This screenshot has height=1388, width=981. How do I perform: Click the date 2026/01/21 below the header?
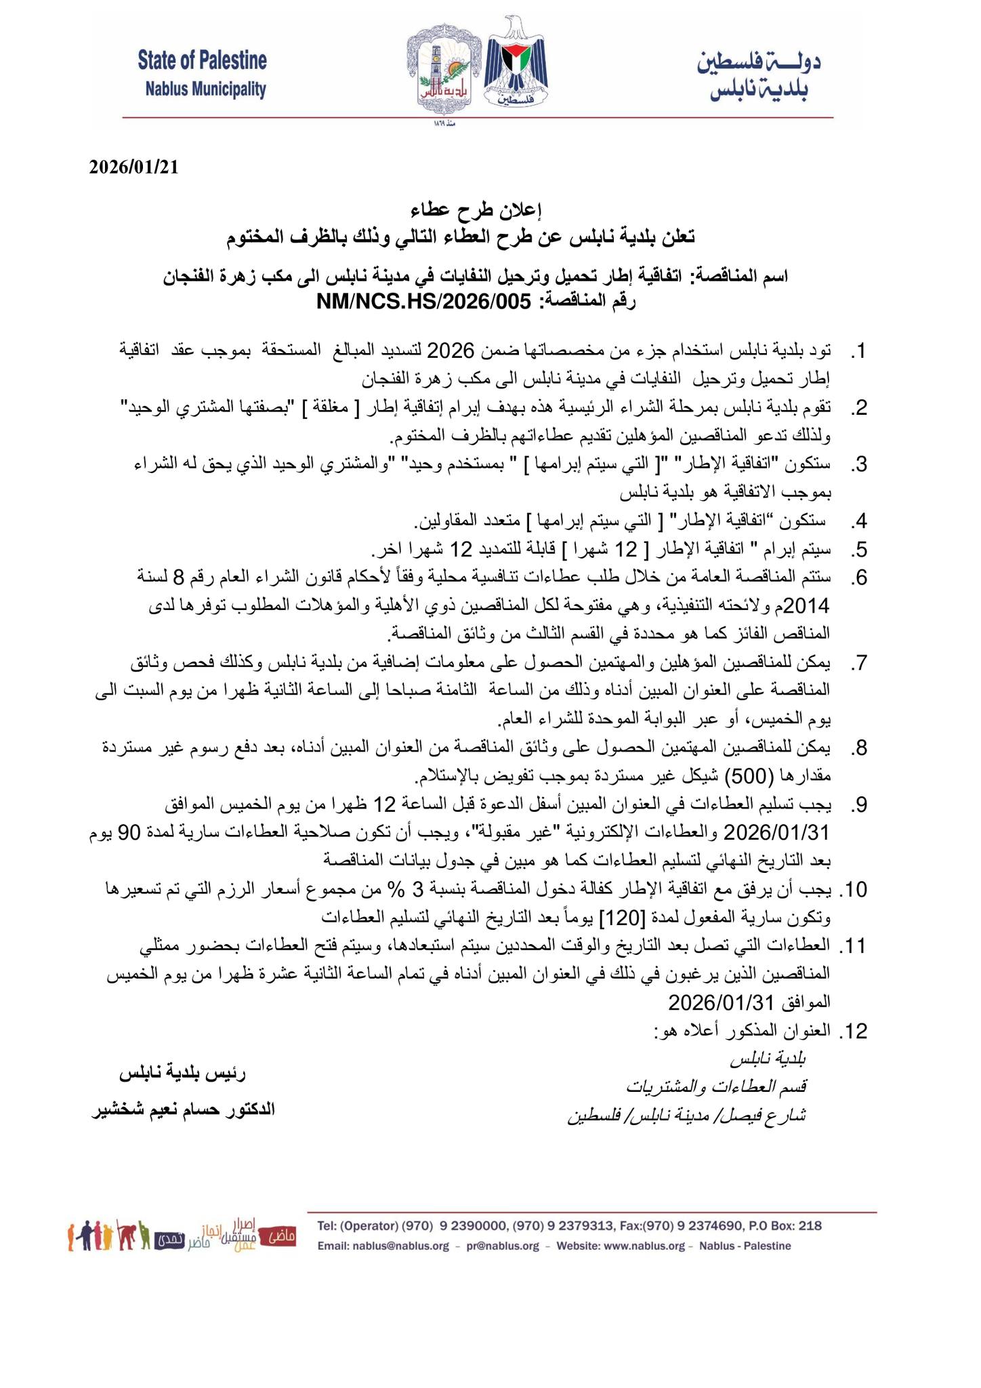pos(133,167)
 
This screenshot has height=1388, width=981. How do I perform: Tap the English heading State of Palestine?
pos(202,61)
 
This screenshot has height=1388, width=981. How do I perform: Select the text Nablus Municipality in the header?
pos(205,89)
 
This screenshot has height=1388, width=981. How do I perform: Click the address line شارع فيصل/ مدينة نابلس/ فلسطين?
pos(686,1116)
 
